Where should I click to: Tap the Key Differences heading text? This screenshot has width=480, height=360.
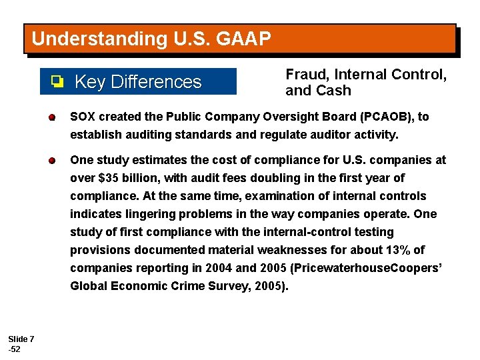pyautogui.click(x=138, y=82)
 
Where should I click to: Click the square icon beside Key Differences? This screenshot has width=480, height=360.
pyautogui.click(x=57, y=82)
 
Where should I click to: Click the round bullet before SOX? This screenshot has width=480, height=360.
pyautogui.click(x=51, y=118)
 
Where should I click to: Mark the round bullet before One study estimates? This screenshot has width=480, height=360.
pyautogui.click(x=51, y=161)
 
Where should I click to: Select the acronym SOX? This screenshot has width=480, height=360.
pyautogui.click(x=83, y=117)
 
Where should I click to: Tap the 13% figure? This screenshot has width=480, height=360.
pyautogui.click(x=391, y=250)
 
